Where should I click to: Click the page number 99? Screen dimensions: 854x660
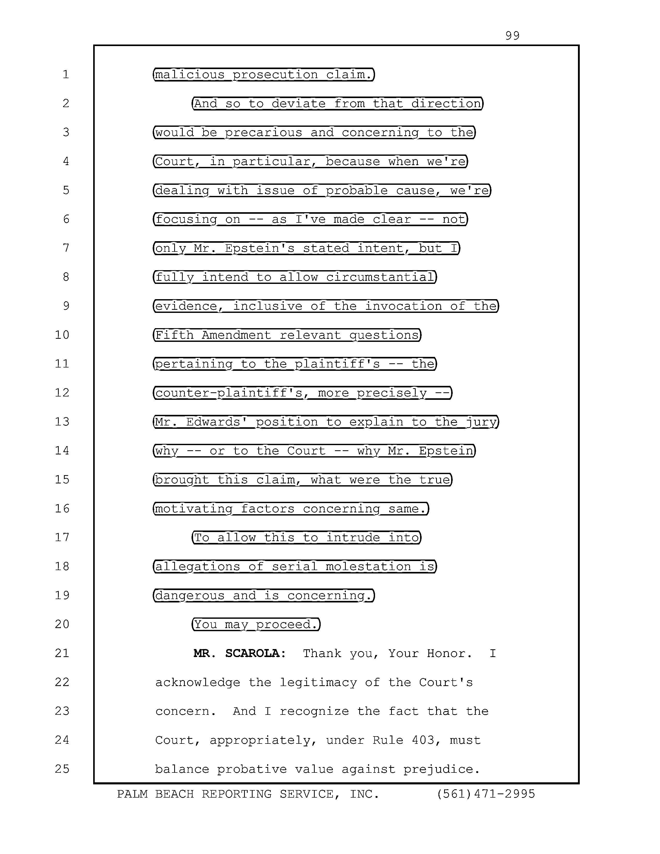point(512,36)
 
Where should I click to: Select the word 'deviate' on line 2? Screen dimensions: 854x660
point(298,103)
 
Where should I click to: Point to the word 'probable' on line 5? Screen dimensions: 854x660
point(357,190)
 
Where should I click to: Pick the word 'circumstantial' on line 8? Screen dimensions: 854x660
point(380,277)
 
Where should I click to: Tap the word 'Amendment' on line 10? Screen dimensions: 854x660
point(236,335)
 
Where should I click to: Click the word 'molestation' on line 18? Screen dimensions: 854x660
point(368,566)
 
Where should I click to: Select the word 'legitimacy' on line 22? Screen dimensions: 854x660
point(318,682)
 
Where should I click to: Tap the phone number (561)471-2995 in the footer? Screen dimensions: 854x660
point(486,794)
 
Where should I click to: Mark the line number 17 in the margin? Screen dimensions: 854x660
point(62,537)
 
